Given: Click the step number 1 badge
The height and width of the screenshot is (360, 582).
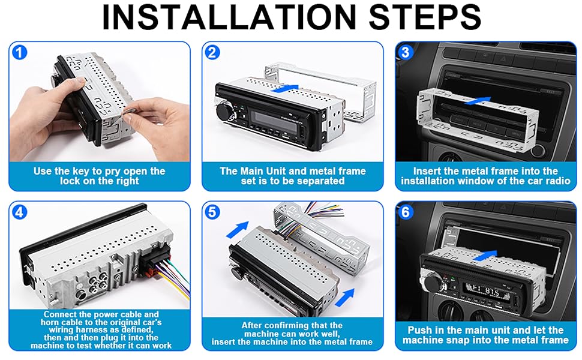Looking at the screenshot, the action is coord(20,52).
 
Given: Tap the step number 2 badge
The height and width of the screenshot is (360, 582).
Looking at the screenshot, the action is coord(212,52).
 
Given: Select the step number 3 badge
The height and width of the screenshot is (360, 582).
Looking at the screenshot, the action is coord(406,52).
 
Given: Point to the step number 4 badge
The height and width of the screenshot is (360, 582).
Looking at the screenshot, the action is coord(20,212).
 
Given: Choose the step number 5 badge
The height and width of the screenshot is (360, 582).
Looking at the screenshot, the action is coord(212,212).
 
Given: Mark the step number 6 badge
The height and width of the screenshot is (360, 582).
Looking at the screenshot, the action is coord(406,212).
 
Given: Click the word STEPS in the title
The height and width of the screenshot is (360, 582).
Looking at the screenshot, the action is coord(425,17).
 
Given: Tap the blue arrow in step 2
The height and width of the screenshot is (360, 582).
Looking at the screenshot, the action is coord(284,88).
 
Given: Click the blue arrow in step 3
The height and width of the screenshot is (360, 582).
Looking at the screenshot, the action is coord(478,101).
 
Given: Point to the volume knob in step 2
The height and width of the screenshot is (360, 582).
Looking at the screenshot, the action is coord(223,110).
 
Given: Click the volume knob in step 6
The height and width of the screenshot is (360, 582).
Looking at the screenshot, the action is coord(431,283).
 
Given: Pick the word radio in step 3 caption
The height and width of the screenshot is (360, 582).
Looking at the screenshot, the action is coord(556,181).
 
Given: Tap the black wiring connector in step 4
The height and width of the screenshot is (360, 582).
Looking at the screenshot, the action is coord(156,259).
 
